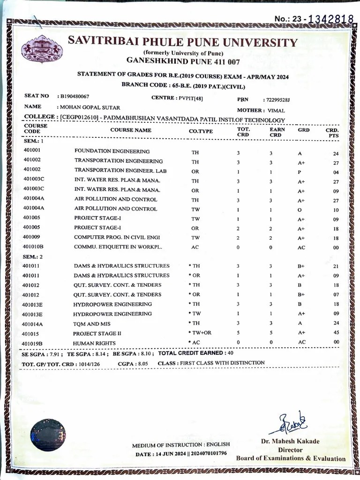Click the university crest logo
click(x=41, y=49)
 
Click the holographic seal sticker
click(x=48, y=435)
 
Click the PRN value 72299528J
click(x=277, y=100)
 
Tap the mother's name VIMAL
click(x=276, y=111)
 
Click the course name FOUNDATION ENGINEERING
click(x=112, y=151)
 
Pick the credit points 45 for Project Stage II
click(x=336, y=334)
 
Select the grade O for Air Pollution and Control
click(x=300, y=209)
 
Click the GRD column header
click(x=303, y=130)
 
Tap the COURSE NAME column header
click(x=131, y=130)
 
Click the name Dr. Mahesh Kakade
click(x=290, y=441)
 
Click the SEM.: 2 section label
click(x=33, y=256)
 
